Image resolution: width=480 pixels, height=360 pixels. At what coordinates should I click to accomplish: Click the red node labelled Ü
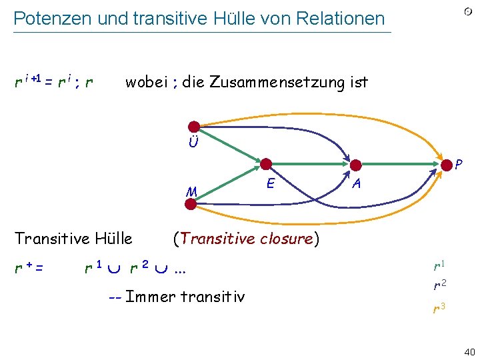point(194,126)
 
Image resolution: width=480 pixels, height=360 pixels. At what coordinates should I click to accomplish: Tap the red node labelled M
point(191,204)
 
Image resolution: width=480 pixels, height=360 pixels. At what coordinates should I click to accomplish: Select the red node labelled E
point(267,164)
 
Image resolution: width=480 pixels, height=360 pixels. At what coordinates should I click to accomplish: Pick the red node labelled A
point(356,165)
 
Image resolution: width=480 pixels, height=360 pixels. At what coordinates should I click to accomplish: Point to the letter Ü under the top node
point(193,143)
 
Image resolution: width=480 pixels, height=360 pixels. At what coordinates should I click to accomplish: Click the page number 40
point(468,351)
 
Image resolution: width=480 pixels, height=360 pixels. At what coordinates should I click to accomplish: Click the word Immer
point(153,295)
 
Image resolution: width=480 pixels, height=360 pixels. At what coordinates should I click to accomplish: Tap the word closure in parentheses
point(281,238)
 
